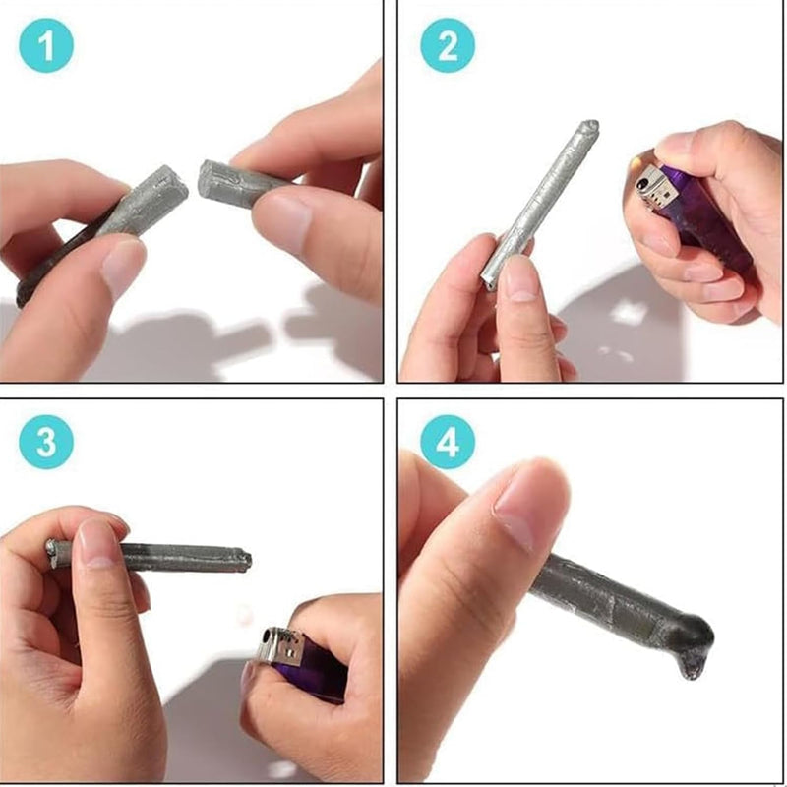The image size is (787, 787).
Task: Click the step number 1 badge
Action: click(46, 45)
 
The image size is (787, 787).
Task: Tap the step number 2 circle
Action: click(448, 45)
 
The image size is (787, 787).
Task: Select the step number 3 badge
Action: click(46, 442)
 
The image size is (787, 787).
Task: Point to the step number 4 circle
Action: click(448, 442)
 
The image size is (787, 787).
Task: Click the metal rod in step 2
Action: click(539, 206)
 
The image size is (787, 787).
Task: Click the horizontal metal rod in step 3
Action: click(150, 557)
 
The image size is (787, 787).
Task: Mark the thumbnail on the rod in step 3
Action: click(96, 543)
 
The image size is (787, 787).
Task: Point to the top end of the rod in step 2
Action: click(591, 126)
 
